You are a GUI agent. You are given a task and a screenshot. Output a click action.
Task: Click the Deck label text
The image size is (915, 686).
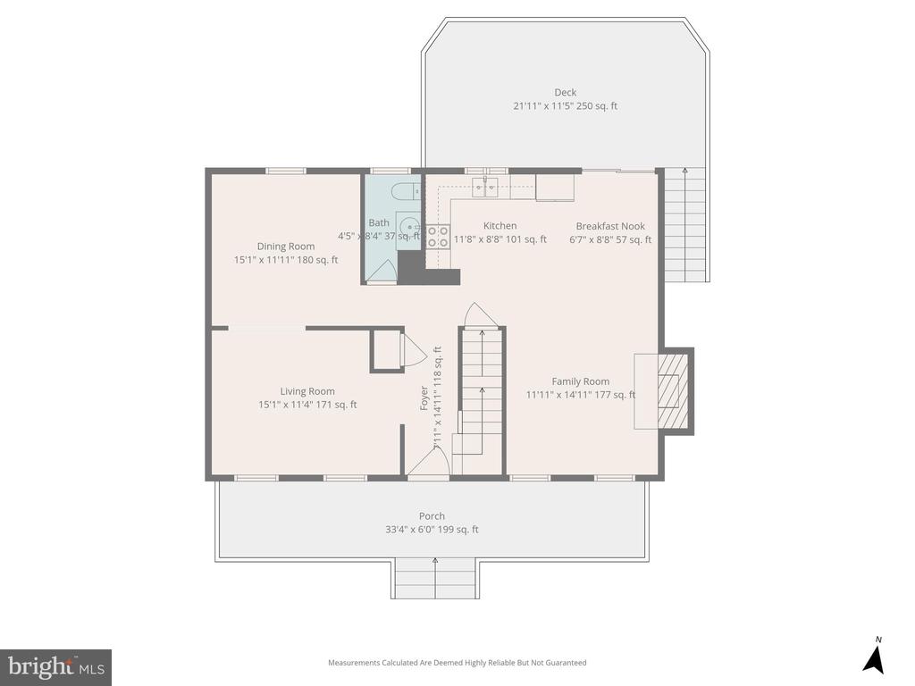pos(565,92)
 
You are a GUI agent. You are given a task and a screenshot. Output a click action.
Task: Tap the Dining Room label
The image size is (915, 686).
pos(286,247)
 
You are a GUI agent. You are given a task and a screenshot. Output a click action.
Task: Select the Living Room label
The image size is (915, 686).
pos(307,391)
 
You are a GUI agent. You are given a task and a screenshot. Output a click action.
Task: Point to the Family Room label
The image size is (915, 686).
pos(580,381)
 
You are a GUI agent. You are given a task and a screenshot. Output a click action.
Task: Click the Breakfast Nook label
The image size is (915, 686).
pos(610,226)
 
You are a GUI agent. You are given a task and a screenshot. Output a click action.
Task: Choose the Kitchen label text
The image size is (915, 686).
pos(499,226)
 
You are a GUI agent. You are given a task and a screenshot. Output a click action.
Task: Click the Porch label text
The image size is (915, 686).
pos(432,516)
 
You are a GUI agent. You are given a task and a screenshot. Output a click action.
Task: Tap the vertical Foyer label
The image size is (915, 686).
pos(425,397)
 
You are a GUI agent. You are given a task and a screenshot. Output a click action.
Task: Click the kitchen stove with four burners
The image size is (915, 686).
pos(438,236)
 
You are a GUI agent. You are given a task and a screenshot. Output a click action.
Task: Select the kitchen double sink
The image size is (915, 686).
pos(485,187)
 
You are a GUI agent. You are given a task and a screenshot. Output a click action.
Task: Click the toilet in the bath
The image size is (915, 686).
pos(403,189)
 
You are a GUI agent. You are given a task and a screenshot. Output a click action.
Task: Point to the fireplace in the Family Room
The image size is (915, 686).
pos(668,391)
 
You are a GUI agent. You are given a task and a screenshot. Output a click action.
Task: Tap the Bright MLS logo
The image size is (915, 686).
pos(55,666)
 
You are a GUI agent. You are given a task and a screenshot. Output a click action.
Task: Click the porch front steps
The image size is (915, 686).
pos(435,579)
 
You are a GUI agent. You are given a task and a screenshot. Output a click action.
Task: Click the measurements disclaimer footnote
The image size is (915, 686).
pos(457,663)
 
